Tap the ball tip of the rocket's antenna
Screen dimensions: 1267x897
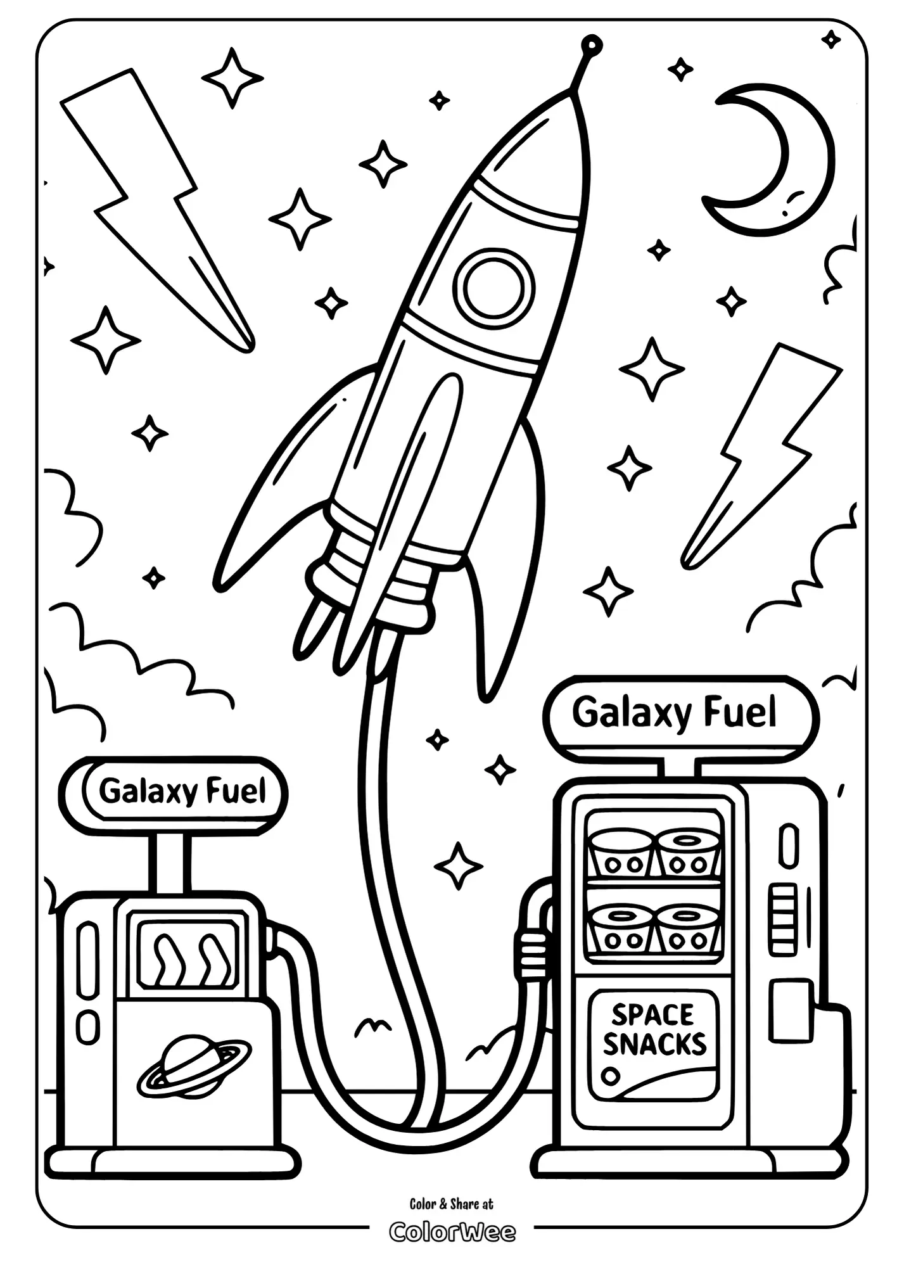coord(591,44)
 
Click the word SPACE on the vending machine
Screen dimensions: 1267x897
coord(652,1014)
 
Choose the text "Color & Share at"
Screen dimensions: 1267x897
coord(451,1204)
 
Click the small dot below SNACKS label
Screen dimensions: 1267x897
coord(611,1075)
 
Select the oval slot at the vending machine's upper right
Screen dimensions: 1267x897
coord(788,844)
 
